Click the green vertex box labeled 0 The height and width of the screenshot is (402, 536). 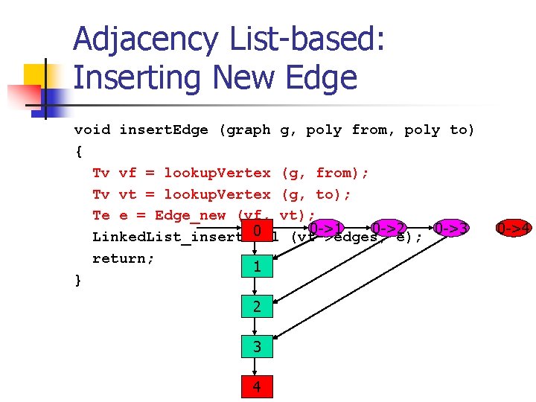point(255,232)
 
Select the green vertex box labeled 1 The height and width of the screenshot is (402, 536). point(255,266)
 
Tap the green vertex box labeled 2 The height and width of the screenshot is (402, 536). point(255,306)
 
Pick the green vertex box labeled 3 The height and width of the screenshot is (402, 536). point(255,346)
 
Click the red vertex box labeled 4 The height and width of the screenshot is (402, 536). point(255,386)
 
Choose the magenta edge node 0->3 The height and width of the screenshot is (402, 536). point(450,227)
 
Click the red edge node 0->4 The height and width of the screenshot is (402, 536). point(514,227)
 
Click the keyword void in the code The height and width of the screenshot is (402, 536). point(92,130)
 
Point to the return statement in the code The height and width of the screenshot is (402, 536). point(123,258)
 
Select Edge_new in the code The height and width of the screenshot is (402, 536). point(190,216)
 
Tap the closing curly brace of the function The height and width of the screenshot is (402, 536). point(78,280)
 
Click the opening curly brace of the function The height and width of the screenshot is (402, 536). point(78,152)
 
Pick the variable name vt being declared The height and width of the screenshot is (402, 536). point(127,194)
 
